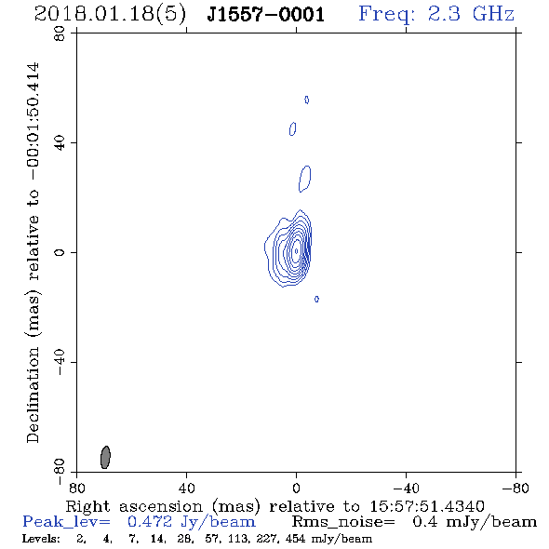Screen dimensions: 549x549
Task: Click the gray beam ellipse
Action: tap(105, 457)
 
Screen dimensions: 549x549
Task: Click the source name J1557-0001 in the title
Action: tap(266, 14)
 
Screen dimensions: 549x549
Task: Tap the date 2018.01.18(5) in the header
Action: tap(110, 15)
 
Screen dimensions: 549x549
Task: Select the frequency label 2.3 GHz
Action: tap(471, 14)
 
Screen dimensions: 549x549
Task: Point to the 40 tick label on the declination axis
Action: tap(60, 143)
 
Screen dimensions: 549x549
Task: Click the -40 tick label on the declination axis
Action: tap(60, 362)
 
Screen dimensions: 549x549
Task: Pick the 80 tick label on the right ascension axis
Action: tap(76, 488)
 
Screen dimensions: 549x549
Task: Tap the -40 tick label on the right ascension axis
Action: tap(406, 488)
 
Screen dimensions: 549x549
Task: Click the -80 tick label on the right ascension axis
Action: tap(516, 488)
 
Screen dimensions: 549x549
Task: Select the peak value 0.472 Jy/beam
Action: tap(192, 522)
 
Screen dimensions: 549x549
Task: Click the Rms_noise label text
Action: tap(343, 522)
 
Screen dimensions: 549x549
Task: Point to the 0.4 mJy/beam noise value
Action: tap(475, 522)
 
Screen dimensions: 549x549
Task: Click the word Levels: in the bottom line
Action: tap(41, 539)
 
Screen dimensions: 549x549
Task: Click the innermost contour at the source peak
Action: tap(297, 251)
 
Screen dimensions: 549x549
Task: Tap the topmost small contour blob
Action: tap(307, 100)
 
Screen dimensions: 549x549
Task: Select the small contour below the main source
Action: tap(316, 299)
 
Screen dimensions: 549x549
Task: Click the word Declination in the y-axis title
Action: tap(33, 395)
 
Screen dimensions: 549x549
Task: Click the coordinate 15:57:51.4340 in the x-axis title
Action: tap(427, 506)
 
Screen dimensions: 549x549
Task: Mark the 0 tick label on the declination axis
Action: tap(60, 252)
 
